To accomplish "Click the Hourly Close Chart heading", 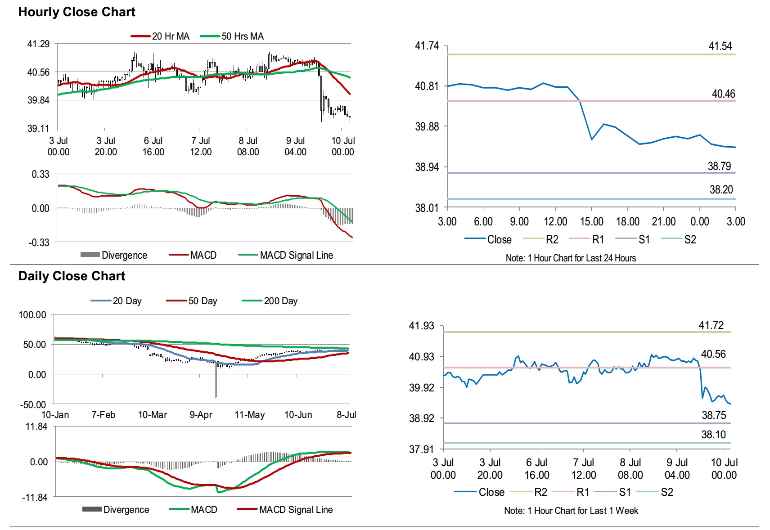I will [77, 12].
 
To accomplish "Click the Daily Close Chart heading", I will [72, 276].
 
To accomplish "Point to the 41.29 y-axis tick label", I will [38, 44].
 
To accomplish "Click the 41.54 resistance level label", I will [720, 46].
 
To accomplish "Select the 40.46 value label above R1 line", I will [723, 94].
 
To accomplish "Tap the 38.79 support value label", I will [719, 166].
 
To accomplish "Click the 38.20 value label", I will [721, 190].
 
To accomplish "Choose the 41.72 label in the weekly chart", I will [711, 325].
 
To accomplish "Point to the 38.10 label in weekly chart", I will [713, 435].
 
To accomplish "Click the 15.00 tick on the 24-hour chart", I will [591, 221].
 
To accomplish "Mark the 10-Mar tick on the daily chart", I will [152, 415].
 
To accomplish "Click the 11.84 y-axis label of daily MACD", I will [36, 427].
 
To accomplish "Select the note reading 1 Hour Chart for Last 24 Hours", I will [570, 258].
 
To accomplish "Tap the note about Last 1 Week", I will [571, 511].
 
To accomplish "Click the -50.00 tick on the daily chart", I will [33, 404].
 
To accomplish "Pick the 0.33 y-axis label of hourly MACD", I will [41, 174].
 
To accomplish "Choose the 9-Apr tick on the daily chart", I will [200, 415].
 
